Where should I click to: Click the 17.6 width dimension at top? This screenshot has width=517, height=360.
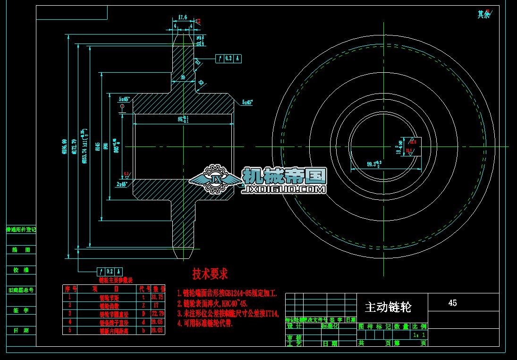pyautogui.click(x=182, y=17)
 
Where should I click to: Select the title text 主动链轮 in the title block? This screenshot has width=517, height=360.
pyautogui.click(x=388, y=308)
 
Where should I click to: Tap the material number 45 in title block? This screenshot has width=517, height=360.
pyautogui.click(x=452, y=303)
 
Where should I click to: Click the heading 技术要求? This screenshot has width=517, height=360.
pyautogui.click(x=210, y=274)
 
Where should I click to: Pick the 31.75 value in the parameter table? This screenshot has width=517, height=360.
pyautogui.click(x=157, y=297)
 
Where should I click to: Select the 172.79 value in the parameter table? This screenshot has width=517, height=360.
pyautogui.click(x=157, y=313)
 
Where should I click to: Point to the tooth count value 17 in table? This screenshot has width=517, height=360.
pyautogui.click(x=157, y=305)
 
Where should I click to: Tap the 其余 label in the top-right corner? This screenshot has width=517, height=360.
pyautogui.click(x=483, y=15)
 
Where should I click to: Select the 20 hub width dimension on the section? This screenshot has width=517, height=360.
pyautogui.click(x=183, y=77)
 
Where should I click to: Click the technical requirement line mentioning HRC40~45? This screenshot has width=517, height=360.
pyautogui.click(x=212, y=303)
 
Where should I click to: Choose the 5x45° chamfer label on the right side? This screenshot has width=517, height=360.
pyautogui.click(x=247, y=102)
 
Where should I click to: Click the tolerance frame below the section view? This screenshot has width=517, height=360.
pyautogui.click(x=110, y=271)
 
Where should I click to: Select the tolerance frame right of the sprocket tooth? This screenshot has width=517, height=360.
pyautogui.click(x=229, y=59)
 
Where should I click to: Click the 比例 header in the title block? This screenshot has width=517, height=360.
pyautogui.click(x=419, y=326)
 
